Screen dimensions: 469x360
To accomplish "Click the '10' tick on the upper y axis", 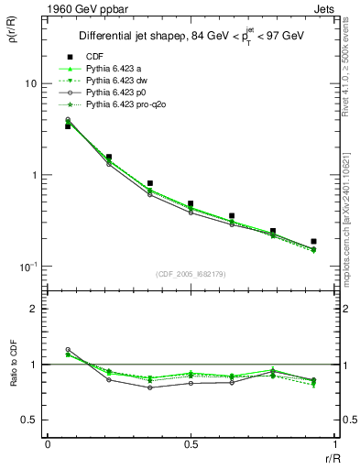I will point(30,83).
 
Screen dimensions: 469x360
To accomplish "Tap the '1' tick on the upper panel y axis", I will point(33,175).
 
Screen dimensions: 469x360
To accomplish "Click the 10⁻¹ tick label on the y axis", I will point(27,266).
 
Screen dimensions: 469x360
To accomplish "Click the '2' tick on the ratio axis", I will point(33,309).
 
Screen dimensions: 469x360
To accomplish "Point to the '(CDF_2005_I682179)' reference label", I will point(190,274).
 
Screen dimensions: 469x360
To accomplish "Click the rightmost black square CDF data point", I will point(313,242).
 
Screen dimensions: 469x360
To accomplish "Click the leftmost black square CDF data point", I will point(68,126).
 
